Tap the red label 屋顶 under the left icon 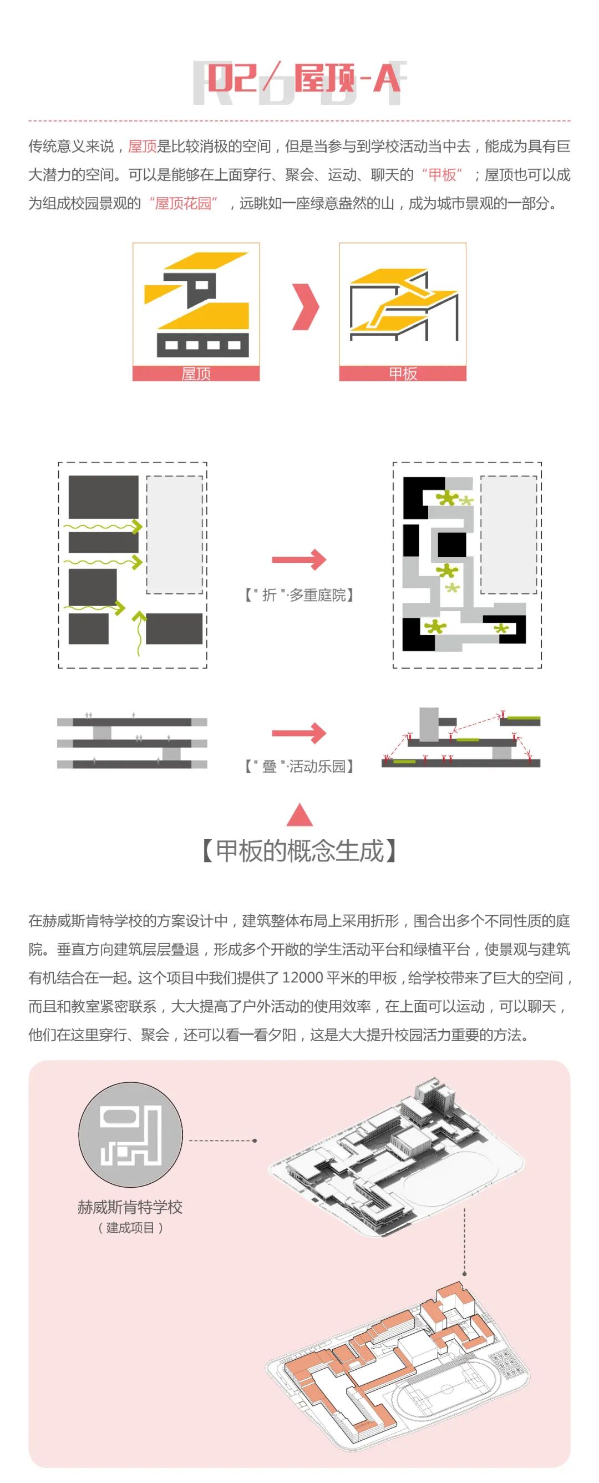click(196, 374)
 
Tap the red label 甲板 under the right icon click(402, 374)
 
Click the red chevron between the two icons click(306, 307)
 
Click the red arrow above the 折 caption click(298, 559)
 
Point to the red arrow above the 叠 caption click(298, 733)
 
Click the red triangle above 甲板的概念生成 click(299, 815)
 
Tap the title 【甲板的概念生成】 click(299, 851)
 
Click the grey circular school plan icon click(131, 1134)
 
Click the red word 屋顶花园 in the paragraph click(184, 203)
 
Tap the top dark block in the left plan click(104, 497)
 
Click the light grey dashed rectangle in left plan click(175, 534)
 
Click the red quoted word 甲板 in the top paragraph click(442, 175)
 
